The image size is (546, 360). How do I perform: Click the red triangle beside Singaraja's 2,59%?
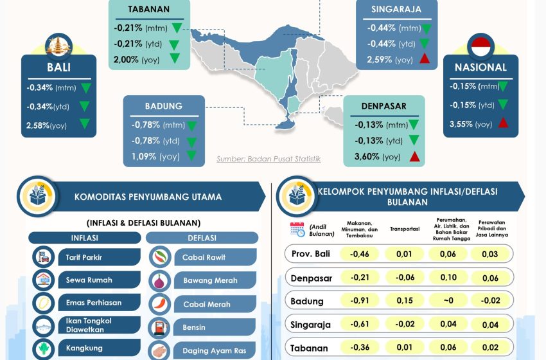424,60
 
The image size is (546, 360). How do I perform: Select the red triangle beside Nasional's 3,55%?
502,123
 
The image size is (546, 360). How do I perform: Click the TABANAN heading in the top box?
149,9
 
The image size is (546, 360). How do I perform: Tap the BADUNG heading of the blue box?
164,106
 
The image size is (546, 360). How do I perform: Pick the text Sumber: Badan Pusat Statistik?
269,159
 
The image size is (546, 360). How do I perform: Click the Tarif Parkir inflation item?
84,257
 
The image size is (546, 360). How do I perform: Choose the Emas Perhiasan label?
94,303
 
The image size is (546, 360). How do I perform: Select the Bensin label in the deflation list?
194,327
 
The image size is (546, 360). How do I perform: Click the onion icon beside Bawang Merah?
159,280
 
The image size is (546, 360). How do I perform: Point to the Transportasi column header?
405,229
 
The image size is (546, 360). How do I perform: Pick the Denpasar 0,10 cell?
449,277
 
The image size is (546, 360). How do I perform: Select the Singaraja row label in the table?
312,325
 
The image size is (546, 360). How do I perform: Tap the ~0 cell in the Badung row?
449,300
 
